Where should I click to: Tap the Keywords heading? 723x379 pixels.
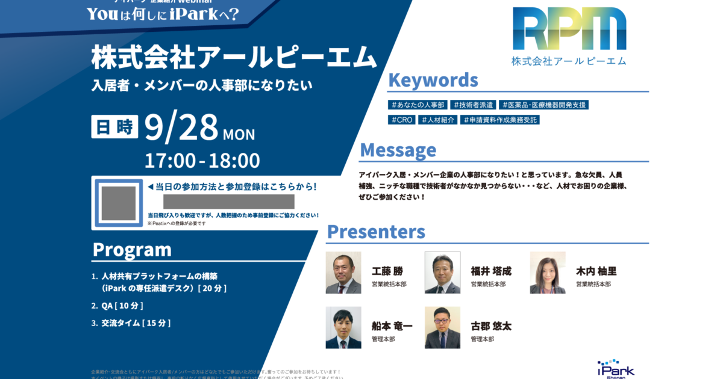click(433, 80)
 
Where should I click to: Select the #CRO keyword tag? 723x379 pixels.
click(402, 120)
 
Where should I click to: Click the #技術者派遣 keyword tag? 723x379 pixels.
click(474, 105)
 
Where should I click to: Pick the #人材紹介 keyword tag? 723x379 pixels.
click(439, 120)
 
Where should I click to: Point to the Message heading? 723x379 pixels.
click(398, 150)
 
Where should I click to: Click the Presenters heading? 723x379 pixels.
click(376, 232)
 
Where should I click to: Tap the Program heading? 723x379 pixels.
click(132, 249)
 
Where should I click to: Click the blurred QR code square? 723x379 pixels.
click(118, 203)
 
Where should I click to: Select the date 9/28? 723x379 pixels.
click(181, 128)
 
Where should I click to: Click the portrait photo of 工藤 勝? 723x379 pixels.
click(343, 273)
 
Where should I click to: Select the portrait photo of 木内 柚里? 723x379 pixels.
click(548, 273)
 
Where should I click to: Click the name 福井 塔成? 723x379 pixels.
click(490, 271)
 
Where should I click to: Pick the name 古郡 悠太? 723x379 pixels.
click(490, 326)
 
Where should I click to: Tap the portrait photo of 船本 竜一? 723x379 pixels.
click(343, 327)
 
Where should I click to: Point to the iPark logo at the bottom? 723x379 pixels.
click(616, 368)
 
